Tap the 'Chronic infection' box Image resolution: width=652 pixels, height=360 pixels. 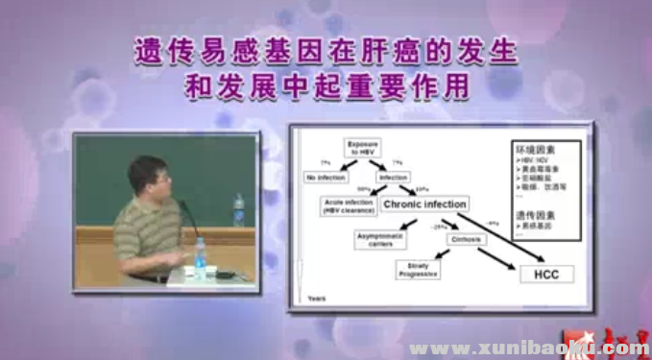coord(424,204)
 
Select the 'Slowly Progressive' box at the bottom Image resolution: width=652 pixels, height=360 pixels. coord(418,271)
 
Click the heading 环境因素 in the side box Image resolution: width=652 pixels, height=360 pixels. coord(536,150)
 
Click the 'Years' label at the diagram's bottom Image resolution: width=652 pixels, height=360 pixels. coord(317,300)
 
